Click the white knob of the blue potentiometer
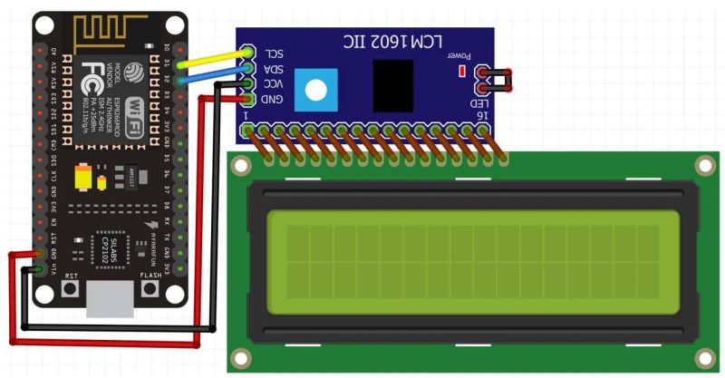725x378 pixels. [315, 90]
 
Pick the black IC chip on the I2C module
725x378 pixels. [392, 85]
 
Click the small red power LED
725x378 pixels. [463, 70]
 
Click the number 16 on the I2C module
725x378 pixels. [480, 116]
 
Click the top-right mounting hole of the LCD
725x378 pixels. [704, 166]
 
